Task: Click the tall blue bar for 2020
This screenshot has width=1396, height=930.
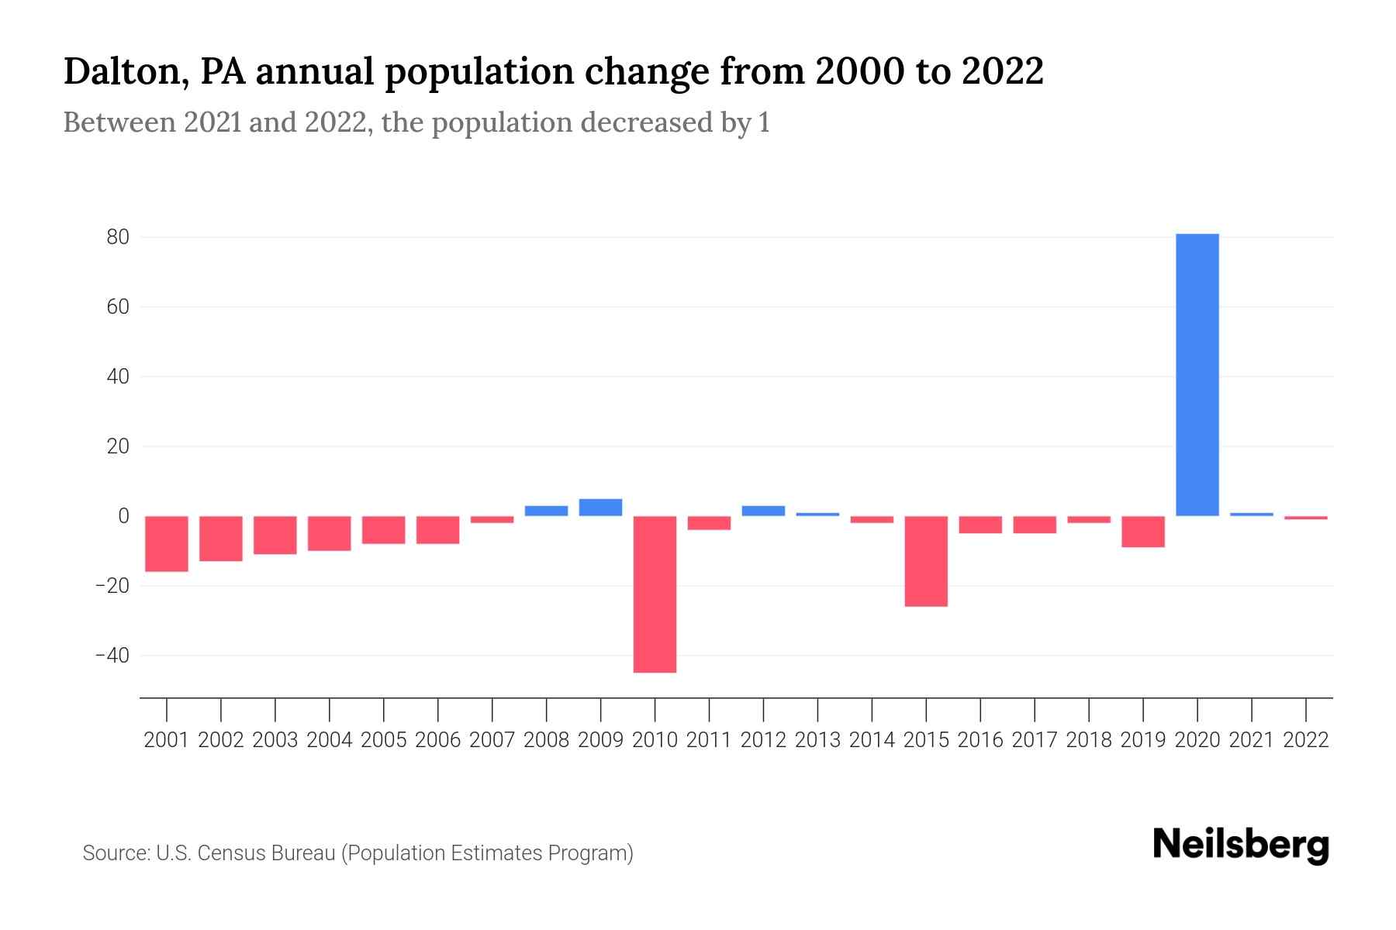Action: [1197, 375]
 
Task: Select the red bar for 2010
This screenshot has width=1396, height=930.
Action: [655, 594]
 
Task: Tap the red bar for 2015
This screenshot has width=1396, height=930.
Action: [926, 561]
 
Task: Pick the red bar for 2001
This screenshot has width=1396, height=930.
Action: [167, 544]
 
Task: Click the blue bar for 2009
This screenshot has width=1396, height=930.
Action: [600, 508]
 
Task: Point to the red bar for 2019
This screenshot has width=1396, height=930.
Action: [1142, 532]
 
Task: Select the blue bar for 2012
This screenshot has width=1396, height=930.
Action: [763, 511]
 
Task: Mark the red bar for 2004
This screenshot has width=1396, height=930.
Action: [330, 533]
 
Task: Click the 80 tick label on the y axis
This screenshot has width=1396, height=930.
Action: [118, 237]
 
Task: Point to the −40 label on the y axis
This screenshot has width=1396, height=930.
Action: [112, 656]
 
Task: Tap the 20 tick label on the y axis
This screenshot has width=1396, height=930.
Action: [118, 446]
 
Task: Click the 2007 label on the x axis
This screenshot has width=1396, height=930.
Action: [492, 740]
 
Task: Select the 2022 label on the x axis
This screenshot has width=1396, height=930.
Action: [1305, 740]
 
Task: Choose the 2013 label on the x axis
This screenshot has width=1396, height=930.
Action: [817, 740]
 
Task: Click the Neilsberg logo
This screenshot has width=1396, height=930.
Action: [1240, 845]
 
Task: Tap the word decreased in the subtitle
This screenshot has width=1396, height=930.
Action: [646, 122]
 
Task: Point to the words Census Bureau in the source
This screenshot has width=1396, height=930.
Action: [266, 853]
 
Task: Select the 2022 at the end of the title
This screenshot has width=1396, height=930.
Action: [1002, 71]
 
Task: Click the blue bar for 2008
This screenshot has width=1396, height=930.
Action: [546, 511]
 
